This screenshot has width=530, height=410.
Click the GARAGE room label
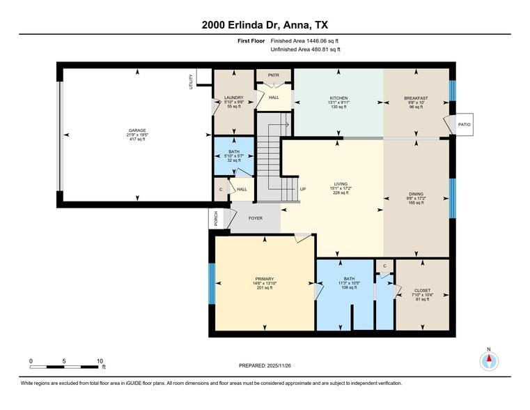pos(137,130)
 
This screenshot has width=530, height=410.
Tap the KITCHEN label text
pos(338,98)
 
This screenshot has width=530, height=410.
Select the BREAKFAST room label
pos(416,98)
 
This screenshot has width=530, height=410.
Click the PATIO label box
pos(465,125)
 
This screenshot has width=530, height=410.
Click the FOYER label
pos(256,218)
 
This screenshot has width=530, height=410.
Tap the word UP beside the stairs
pos(302,189)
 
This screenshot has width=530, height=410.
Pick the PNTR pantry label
pos(274,75)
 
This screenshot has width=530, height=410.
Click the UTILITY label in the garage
pos(191,81)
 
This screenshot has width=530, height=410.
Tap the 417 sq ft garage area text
pos(137,140)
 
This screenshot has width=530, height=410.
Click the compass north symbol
pos(490,360)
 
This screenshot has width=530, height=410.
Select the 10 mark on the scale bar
pos(100,361)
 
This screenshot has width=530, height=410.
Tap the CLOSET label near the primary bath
pos(422,290)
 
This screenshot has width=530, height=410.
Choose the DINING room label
pos(416,195)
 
